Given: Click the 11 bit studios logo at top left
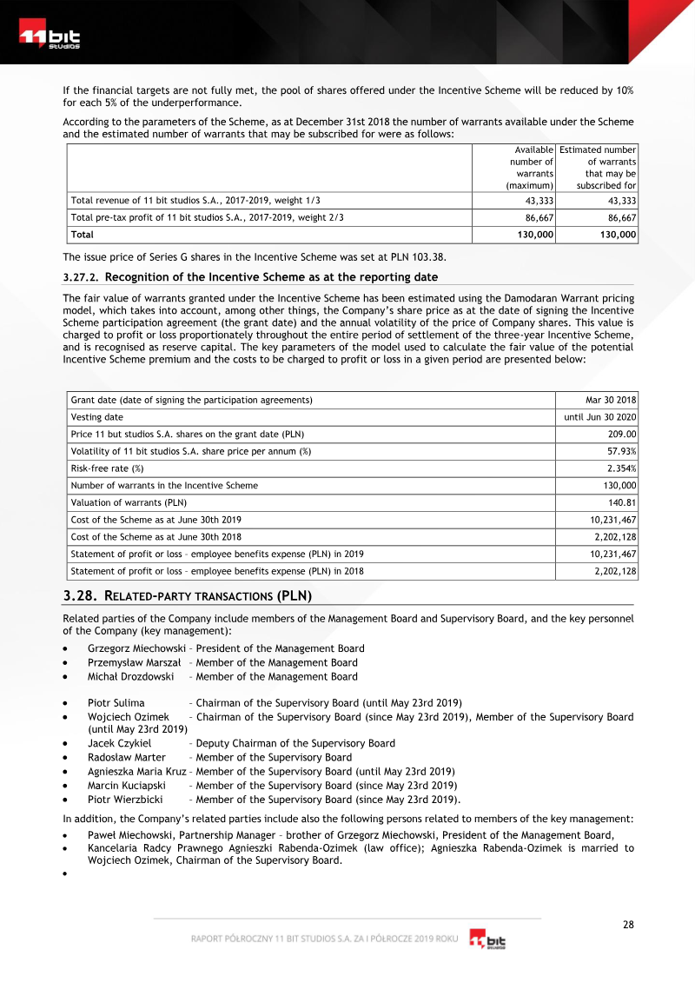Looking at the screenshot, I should [x=50, y=39].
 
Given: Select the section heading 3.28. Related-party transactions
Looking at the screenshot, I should [x=188, y=596].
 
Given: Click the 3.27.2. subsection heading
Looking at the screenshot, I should [x=250, y=277].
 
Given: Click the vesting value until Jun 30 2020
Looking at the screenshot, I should [x=600, y=417].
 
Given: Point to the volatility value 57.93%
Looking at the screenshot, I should [x=621, y=451].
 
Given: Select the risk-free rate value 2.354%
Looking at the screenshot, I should [x=621, y=468].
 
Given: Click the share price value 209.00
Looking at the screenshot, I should [x=621, y=434].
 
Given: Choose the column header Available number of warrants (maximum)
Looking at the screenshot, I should [x=529, y=167].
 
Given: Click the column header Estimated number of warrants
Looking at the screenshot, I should [x=598, y=167].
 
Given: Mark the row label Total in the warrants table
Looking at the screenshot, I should [x=83, y=235].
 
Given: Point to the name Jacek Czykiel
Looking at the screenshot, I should [x=120, y=743].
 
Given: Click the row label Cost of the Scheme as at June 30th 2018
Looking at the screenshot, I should [x=156, y=537].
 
